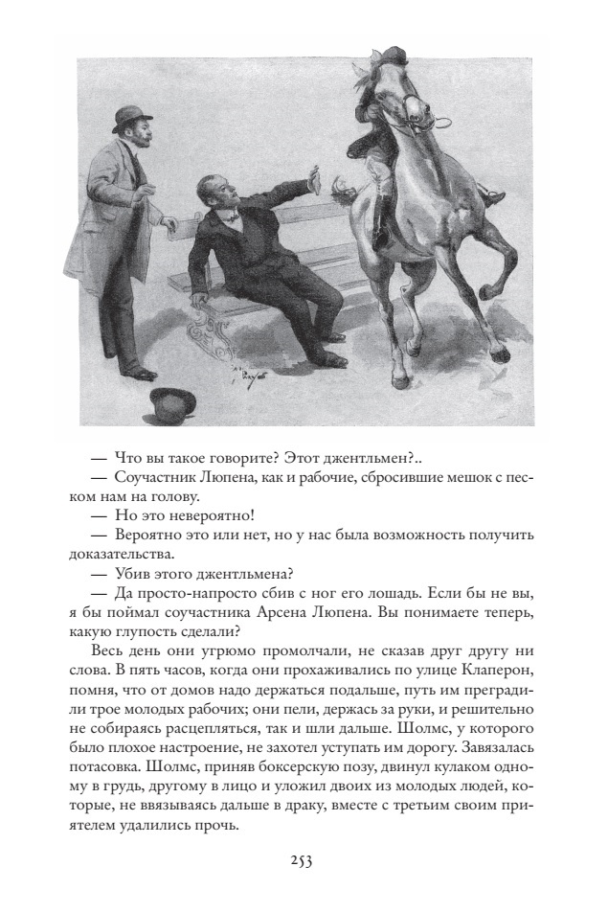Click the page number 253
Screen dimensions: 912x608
pos(303,859)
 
